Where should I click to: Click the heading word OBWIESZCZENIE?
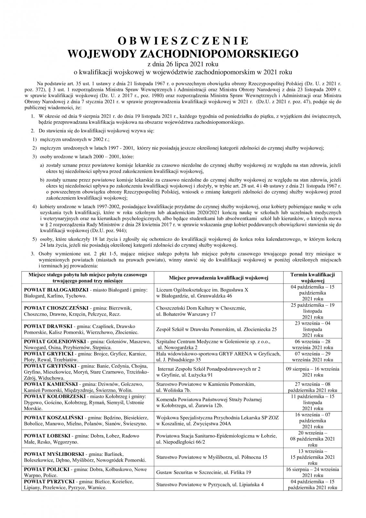(x=183, y=41)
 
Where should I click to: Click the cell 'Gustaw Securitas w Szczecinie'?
(x=203, y=472)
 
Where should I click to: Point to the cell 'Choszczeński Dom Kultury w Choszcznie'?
(x=201, y=308)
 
